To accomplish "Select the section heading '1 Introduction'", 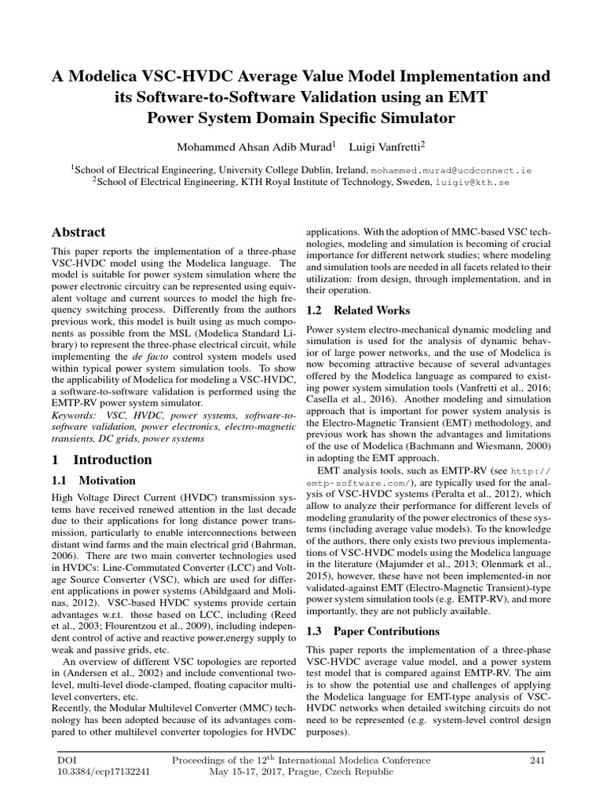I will (x=102, y=460).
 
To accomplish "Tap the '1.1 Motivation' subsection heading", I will (x=93, y=481).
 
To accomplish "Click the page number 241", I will (x=537, y=760).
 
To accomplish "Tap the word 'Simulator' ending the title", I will (x=413, y=119).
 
